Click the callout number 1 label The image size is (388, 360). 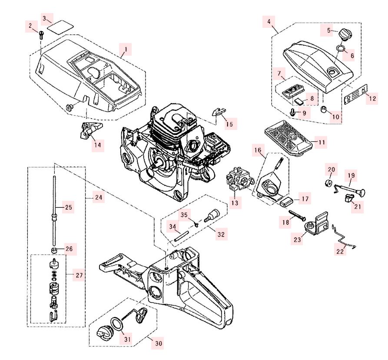pos(126,50)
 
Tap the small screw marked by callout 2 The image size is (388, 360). pos(40,34)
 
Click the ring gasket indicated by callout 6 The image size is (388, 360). pos(342,47)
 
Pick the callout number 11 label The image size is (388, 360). pos(321,142)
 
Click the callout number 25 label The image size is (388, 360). pos(69,207)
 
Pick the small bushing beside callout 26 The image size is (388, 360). pos(55,251)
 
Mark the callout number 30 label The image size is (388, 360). pos(158,343)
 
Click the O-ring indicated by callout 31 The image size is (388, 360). pos(116,324)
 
